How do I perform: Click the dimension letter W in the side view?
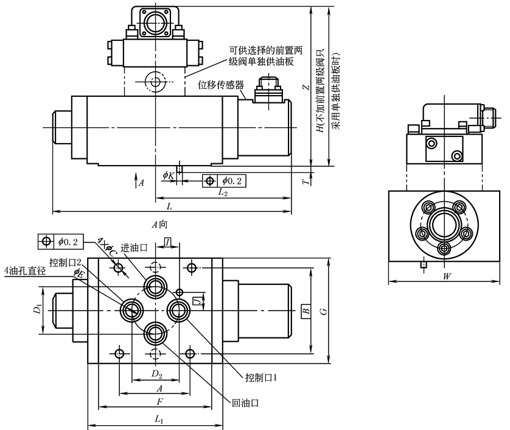click(447, 276)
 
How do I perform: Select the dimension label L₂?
click(223, 192)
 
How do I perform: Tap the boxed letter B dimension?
click(306, 311)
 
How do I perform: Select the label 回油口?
click(246, 403)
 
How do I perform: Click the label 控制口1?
click(261, 378)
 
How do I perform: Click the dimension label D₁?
click(38, 311)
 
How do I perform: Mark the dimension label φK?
click(168, 175)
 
